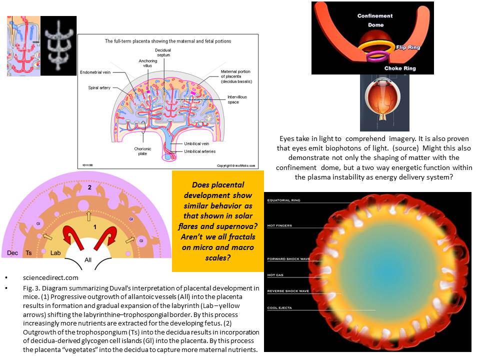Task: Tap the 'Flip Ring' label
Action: (408, 48)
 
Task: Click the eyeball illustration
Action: (384, 102)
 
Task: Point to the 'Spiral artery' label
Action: (99, 87)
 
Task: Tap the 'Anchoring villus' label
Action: (148, 63)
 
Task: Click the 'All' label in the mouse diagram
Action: (88, 260)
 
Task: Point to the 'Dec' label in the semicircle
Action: (13, 253)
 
